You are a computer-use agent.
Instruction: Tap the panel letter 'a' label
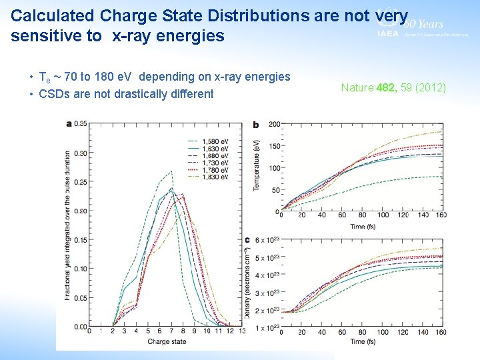(69, 123)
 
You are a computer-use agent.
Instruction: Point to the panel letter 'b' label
(256, 124)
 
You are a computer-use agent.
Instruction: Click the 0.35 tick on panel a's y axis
(81, 123)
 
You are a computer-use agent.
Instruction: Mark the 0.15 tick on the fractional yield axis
(81, 240)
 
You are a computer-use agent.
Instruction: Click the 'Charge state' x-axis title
(167, 341)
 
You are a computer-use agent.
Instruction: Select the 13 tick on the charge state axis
(241, 331)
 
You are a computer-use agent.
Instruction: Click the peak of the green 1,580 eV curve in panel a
(171, 171)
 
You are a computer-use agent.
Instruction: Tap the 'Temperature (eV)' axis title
(257, 165)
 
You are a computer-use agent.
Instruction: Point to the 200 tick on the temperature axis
(274, 125)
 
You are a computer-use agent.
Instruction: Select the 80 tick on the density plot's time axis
(363, 332)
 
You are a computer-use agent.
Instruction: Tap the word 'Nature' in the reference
(357, 87)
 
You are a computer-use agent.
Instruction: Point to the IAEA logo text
(387, 33)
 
